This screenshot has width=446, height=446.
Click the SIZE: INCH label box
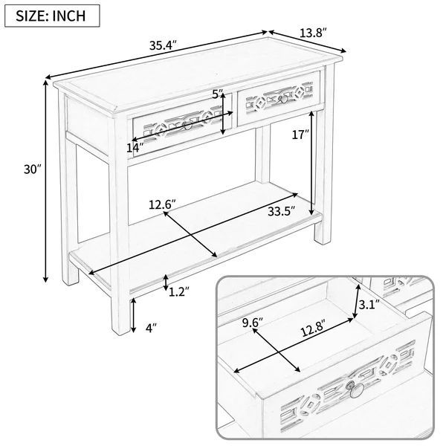(52, 16)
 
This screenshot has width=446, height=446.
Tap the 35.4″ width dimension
(164, 45)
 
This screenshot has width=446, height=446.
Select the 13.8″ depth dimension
(313, 33)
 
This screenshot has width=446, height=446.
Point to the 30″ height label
(33, 169)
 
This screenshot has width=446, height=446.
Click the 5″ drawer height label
(218, 94)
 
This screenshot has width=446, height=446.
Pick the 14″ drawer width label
(135, 148)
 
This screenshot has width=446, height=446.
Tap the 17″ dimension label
(300, 135)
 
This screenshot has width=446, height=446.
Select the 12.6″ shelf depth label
(162, 204)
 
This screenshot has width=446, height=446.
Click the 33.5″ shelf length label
(281, 211)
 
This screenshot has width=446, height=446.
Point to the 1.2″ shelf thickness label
(179, 291)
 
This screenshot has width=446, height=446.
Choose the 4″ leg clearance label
(152, 328)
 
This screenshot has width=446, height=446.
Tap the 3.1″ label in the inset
(369, 305)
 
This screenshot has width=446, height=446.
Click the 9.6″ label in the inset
(253, 323)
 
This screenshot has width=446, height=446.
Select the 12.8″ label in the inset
(313, 332)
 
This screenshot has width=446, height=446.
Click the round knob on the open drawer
(355, 390)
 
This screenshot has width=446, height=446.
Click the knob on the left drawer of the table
(187, 126)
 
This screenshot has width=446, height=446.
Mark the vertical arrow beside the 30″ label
(45, 181)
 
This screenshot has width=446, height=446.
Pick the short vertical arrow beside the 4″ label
(133, 315)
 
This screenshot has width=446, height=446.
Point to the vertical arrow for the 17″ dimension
(312, 164)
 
